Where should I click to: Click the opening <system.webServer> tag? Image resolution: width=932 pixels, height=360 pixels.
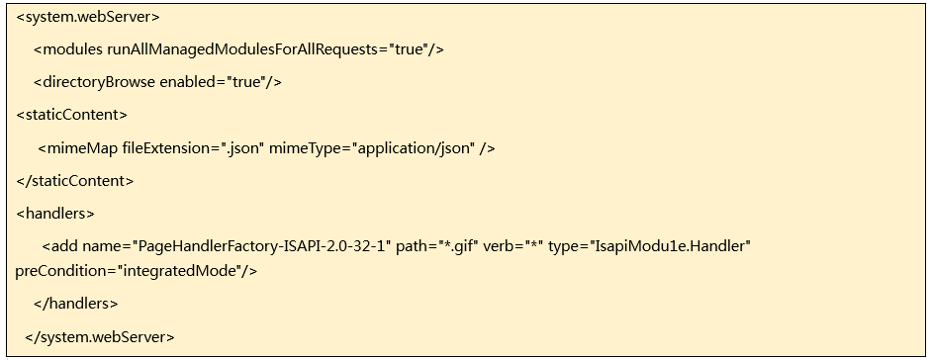click(x=88, y=17)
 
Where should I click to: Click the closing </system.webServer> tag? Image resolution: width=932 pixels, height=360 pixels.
click(x=100, y=337)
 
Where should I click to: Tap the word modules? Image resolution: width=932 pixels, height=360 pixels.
click(x=72, y=49)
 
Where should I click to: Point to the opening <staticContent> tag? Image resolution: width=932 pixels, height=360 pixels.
click(x=71, y=115)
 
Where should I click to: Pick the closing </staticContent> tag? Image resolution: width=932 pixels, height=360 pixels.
click(x=75, y=181)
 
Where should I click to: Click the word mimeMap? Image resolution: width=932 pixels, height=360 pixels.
click(x=82, y=148)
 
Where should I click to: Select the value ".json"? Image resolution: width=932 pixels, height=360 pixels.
click(x=242, y=148)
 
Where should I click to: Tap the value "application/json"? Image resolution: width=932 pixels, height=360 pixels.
click(x=414, y=148)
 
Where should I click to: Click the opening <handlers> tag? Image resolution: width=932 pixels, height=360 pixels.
click(x=55, y=214)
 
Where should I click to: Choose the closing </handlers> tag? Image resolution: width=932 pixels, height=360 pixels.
click(x=76, y=304)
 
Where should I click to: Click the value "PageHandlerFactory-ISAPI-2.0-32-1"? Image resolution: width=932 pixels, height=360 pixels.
click(x=261, y=246)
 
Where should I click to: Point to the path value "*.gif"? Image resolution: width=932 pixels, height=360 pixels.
click(x=458, y=246)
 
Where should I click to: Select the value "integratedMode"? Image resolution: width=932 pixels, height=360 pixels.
click(x=179, y=271)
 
